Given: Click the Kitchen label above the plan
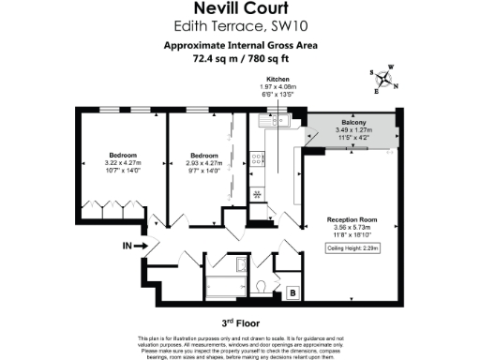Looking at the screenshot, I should [x=277, y=80].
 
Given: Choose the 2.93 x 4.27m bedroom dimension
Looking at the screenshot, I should [x=204, y=162].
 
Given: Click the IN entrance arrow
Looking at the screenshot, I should [x=130, y=246].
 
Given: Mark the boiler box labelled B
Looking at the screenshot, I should [x=292, y=293].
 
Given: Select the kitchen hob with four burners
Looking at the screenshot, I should [x=257, y=193].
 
